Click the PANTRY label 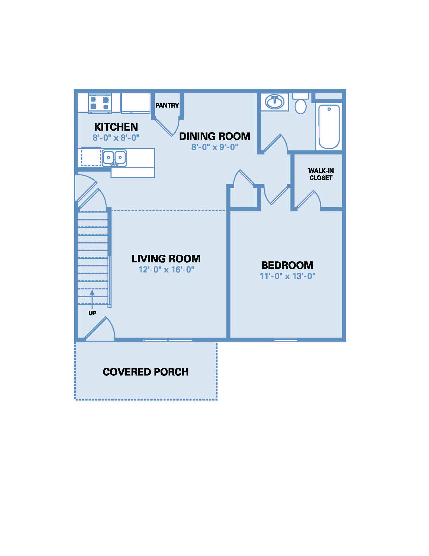(167, 105)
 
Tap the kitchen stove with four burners (100, 103)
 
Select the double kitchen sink (114, 158)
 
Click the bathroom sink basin (274, 102)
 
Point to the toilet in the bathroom (300, 104)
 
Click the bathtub (329, 127)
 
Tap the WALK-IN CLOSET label (321, 174)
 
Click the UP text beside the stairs (92, 313)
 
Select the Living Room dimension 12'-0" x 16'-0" (166, 270)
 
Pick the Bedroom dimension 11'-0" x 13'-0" (287, 276)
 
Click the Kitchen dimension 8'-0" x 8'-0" (116, 138)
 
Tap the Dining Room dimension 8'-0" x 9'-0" (215, 147)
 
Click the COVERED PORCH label (146, 372)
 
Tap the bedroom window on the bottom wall (286, 340)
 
